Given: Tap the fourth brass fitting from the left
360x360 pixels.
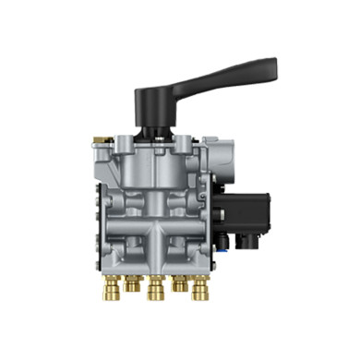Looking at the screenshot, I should click(x=177, y=283).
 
